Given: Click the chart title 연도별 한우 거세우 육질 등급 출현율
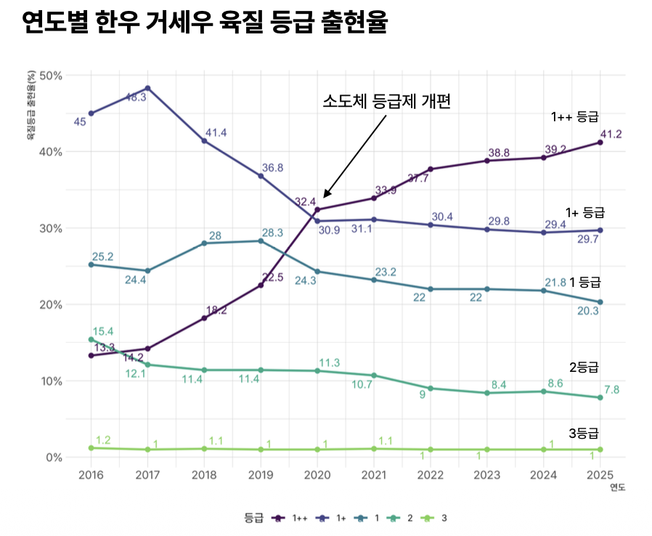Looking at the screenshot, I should (205, 23).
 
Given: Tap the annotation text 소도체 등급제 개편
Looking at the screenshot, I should (387, 102).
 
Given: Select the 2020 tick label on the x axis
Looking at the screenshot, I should (317, 475).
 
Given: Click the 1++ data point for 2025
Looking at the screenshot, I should (600, 142).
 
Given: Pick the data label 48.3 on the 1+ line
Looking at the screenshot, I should (136, 97).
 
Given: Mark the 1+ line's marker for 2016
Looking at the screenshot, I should (91, 113).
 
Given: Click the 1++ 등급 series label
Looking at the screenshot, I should (574, 116).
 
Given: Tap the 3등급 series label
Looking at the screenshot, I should (584, 434).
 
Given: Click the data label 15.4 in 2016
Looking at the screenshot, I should (102, 332).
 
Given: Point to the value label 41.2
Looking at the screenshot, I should (609, 134).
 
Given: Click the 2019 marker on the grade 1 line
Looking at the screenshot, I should (261, 241).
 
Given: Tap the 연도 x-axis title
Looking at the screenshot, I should (617, 487).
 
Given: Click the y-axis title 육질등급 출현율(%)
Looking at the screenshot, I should (31, 105).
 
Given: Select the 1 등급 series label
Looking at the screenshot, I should (584, 282).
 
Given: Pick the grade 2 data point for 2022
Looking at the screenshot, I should (431, 389).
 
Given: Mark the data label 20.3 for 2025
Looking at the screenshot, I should (587, 311).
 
